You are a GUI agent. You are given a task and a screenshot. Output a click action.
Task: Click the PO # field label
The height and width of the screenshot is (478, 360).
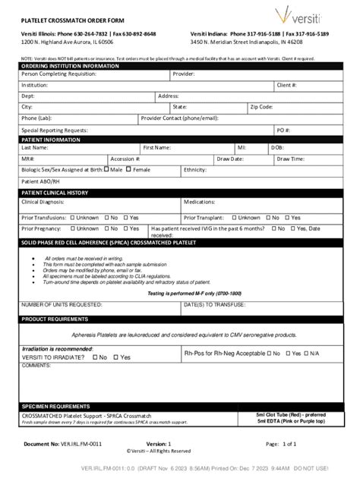[x=283, y=130]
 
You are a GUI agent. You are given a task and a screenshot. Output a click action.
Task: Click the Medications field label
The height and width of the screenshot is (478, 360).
[x=200, y=203]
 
